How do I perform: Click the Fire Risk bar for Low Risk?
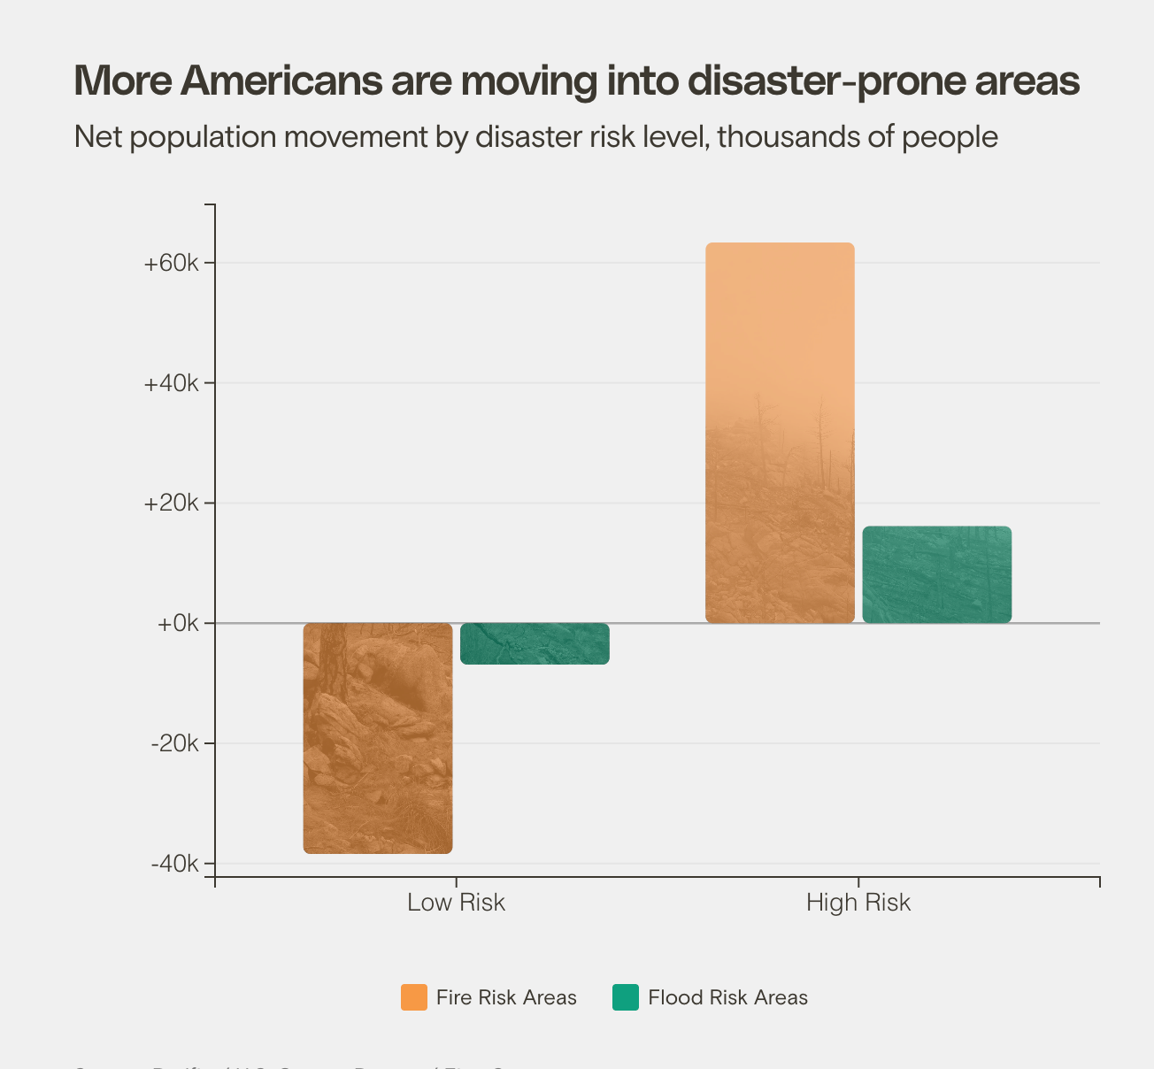[x=378, y=738]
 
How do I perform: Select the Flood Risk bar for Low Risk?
[x=535, y=643]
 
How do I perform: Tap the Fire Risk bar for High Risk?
[x=780, y=433]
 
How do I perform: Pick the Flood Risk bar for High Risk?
[x=936, y=574]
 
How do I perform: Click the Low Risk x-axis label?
[x=456, y=903]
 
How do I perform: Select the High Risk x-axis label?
[x=858, y=903]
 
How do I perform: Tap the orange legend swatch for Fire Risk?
[x=413, y=997]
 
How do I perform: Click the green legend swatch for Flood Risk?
[x=626, y=997]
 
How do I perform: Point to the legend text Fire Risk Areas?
[x=506, y=997]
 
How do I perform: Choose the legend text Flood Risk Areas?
[x=727, y=997]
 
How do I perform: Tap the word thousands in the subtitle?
[x=782, y=137]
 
